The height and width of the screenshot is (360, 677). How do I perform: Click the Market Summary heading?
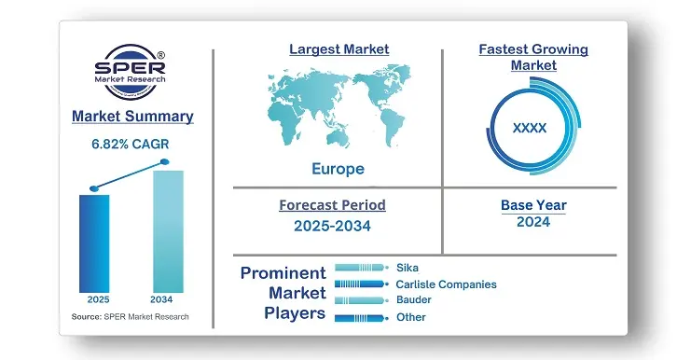(132, 117)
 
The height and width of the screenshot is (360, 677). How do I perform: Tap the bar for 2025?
(94, 242)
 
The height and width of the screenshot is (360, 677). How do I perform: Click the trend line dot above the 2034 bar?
(166, 162)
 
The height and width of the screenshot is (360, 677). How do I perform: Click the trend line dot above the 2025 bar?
(93, 188)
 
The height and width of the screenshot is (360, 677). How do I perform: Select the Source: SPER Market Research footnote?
(130, 317)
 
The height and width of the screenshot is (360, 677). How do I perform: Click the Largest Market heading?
(338, 48)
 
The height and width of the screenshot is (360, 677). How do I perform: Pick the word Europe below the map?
(338, 169)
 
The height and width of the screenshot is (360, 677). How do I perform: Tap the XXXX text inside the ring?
(530, 129)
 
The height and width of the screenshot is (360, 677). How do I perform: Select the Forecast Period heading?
(332, 204)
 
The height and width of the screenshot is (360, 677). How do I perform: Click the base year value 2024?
(532, 222)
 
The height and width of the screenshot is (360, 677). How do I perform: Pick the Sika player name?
(408, 268)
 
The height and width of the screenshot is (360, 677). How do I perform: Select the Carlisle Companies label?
(446, 284)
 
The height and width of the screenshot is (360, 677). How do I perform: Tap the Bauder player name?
(414, 300)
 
